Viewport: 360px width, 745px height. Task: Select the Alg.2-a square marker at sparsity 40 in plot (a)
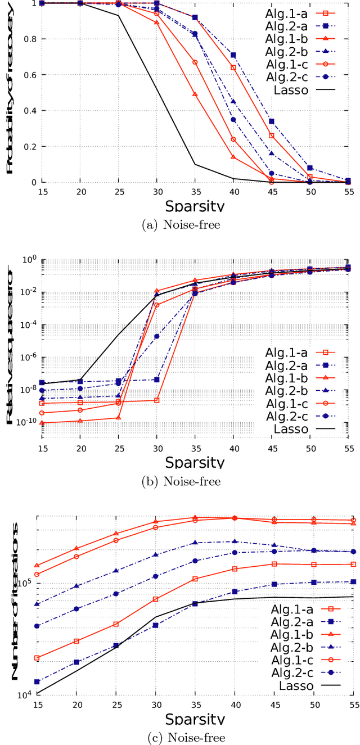pyautogui.click(x=233, y=55)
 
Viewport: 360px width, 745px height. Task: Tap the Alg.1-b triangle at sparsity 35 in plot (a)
pyautogui.click(x=195, y=94)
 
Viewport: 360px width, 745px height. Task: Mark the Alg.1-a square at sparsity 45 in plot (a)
pyautogui.click(x=271, y=136)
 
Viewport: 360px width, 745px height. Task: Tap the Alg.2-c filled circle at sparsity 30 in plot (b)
pyautogui.click(x=156, y=336)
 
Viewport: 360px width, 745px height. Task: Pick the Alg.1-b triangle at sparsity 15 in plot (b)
pyautogui.click(x=42, y=422)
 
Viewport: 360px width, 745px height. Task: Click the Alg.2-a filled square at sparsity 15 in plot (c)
pyautogui.click(x=37, y=682)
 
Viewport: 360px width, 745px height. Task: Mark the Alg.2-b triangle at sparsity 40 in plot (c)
pyautogui.click(x=233, y=541)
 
